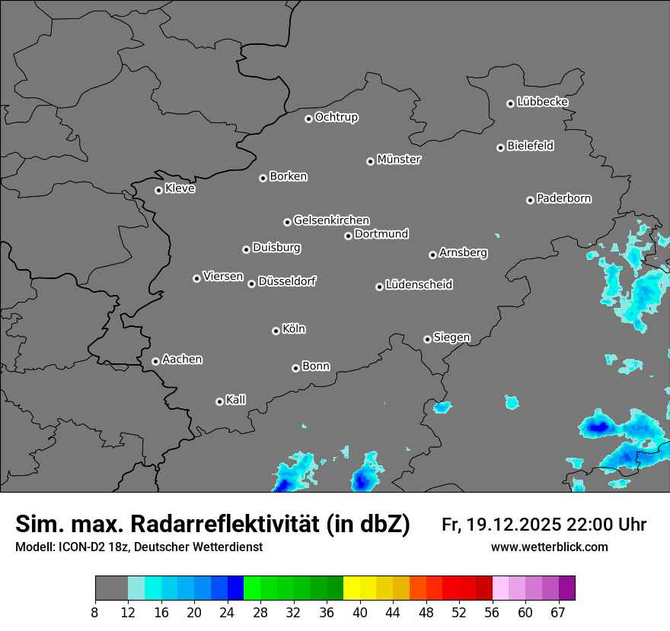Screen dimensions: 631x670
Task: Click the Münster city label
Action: pyautogui.click(x=399, y=160)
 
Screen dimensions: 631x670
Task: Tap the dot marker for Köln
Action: pyautogui.click(x=276, y=331)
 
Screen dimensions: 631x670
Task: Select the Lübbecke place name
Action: pyautogui.click(x=542, y=102)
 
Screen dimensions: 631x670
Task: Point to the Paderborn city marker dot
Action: pyautogui.click(x=530, y=200)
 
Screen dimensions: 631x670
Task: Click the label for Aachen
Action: pyautogui.click(x=182, y=360)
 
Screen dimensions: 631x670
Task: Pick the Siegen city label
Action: pyautogui.click(x=451, y=338)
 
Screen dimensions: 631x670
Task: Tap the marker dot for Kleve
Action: pyautogui.click(x=158, y=190)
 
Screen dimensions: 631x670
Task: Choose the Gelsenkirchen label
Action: pyautogui.click(x=331, y=220)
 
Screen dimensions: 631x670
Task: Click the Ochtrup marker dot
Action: pyautogui.click(x=308, y=119)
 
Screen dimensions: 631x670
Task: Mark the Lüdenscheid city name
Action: pyautogui.click(x=419, y=285)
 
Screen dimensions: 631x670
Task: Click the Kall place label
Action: pyautogui.click(x=236, y=400)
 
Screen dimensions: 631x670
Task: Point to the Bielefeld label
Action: pyautogui.click(x=530, y=146)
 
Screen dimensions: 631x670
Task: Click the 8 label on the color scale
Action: pyautogui.click(x=95, y=612)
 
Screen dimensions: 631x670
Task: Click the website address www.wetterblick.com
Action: pyautogui.click(x=549, y=547)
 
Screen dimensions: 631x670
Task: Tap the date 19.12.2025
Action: pyautogui.click(x=511, y=525)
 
